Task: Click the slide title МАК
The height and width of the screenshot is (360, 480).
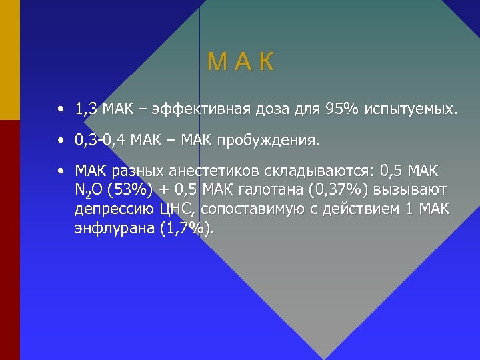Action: pos(240,63)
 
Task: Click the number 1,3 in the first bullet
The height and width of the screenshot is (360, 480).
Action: pos(88,108)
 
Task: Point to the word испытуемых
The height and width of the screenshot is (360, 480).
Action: pos(411,109)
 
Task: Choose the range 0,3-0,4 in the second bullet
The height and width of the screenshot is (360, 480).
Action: pos(101,141)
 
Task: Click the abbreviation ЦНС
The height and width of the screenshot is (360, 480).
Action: pos(178,209)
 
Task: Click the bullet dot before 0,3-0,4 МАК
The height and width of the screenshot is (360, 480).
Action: pos(61,141)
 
